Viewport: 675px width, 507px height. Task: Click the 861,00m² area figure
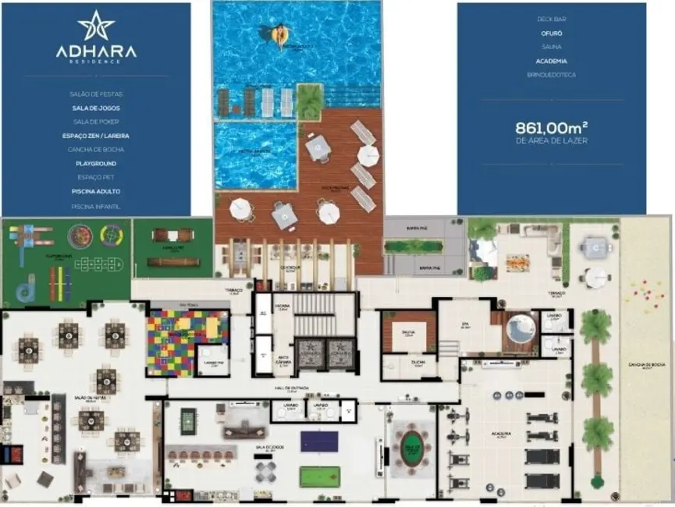tap(551, 127)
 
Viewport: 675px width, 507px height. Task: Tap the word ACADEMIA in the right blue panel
tap(551, 60)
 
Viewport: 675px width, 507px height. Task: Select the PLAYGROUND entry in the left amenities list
tap(96, 163)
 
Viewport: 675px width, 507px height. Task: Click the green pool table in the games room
tap(319, 476)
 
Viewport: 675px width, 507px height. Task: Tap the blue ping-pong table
tap(319, 441)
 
